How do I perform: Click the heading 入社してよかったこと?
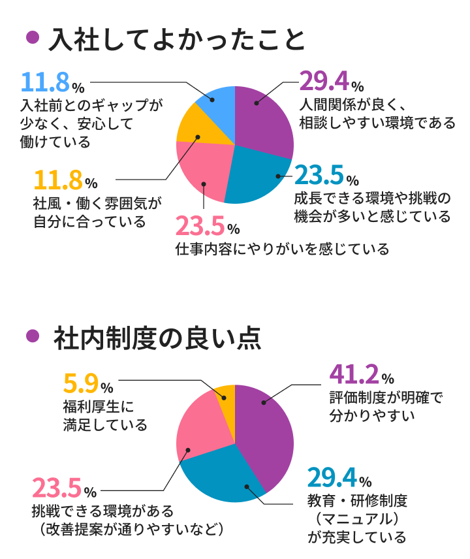coord(177,40)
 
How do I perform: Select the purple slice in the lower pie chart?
coord(268,431)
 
